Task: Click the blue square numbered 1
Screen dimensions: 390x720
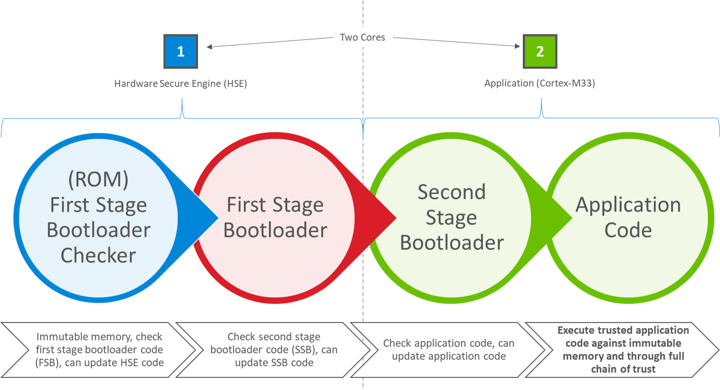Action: pyautogui.click(x=181, y=51)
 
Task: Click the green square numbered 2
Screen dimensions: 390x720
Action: pyautogui.click(x=540, y=51)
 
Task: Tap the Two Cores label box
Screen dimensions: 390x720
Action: pyautogui.click(x=363, y=37)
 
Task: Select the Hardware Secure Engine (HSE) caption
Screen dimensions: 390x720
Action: pyautogui.click(x=181, y=84)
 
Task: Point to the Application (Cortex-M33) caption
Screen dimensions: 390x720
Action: pyautogui.click(x=539, y=83)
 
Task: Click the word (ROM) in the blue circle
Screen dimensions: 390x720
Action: pyautogui.click(x=98, y=179)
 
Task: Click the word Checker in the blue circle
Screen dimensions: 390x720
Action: pyautogui.click(x=98, y=256)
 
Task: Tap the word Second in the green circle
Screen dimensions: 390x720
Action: pyautogui.click(x=451, y=192)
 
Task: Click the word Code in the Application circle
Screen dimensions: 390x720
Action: pyautogui.click(x=628, y=230)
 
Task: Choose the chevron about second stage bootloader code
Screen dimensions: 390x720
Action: pyautogui.click(x=274, y=350)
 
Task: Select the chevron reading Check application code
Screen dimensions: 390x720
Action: pyautogui.click(x=448, y=350)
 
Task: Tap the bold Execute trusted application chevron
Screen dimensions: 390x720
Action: pyautogui.click(x=623, y=350)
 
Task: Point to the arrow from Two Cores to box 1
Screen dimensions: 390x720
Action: pyautogui.click(x=270, y=42)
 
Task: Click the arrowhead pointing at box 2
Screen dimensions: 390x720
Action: pyautogui.click(x=518, y=46)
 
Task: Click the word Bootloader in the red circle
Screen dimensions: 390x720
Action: pyautogui.click(x=275, y=230)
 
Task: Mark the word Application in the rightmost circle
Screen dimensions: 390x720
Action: pyautogui.click(x=628, y=205)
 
